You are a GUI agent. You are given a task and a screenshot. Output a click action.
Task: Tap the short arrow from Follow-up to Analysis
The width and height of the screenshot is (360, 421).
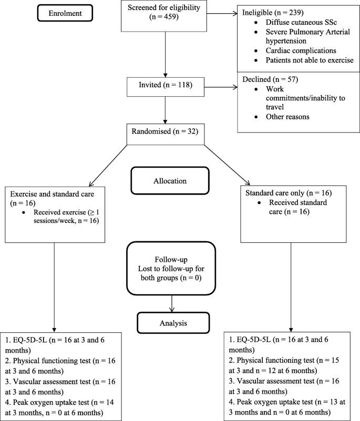tap(172, 304)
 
